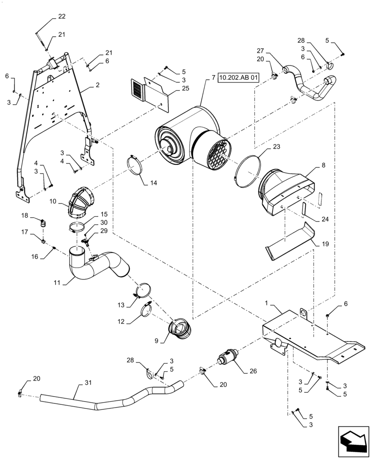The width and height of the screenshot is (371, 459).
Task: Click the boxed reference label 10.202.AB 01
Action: coord(239,78)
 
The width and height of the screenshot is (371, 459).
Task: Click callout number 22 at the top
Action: coord(62,17)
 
